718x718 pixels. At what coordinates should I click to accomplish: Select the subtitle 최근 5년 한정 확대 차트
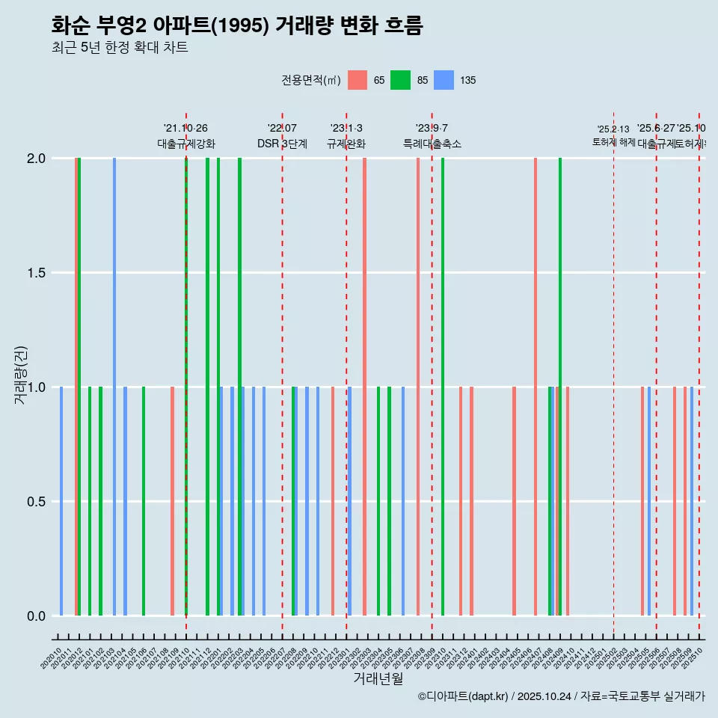click(x=119, y=48)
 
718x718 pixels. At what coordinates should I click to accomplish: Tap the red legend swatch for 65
click(x=358, y=80)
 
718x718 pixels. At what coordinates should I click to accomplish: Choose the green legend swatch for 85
click(x=401, y=80)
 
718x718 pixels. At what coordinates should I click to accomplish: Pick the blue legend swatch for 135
click(x=444, y=80)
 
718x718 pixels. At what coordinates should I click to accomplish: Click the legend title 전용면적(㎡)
click(x=311, y=80)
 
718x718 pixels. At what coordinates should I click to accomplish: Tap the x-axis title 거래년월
click(x=378, y=678)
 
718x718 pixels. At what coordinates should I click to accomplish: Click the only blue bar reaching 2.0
click(x=114, y=387)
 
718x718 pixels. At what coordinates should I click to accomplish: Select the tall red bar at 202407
click(x=536, y=387)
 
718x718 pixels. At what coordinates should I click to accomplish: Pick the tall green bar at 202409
click(x=560, y=387)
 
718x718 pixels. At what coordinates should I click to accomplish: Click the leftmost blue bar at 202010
click(x=61, y=501)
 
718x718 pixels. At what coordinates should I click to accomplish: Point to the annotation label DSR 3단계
click(x=282, y=144)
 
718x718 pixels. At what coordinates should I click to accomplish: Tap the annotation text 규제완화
click(x=346, y=144)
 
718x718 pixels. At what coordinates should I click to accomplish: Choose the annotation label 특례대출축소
click(x=432, y=144)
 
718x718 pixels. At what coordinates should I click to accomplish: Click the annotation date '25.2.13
click(x=613, y=129)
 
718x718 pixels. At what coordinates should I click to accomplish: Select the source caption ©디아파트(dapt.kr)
click(x=464, y=696)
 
